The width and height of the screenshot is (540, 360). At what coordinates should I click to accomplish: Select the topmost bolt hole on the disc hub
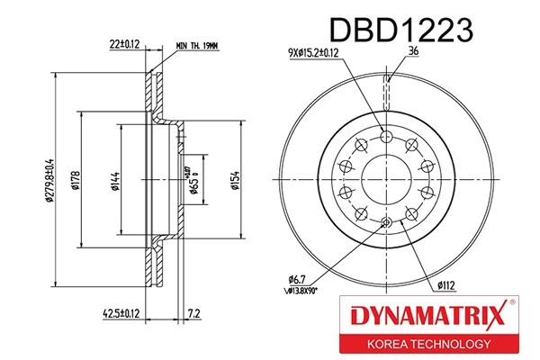point(386,136)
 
